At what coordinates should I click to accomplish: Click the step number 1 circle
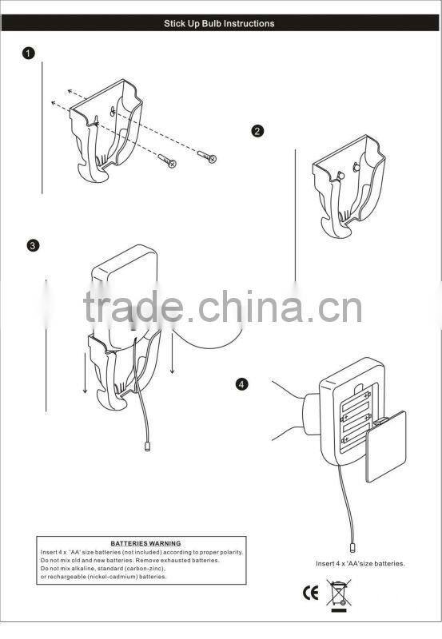(28, 54)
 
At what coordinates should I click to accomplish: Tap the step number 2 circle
(257, 131)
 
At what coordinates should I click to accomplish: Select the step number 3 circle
(33, 246)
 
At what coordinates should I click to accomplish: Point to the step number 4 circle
(242, 384)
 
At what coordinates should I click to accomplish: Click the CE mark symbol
(310, 593)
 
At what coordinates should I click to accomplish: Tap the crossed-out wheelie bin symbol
(339, 594)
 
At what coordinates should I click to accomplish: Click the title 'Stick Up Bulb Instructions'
(219, 24)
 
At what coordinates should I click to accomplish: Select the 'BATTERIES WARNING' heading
(145, 543)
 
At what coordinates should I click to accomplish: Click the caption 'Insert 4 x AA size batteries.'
(360, 564)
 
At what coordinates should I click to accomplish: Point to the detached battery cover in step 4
(386, 447)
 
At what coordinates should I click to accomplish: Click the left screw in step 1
(167, 161)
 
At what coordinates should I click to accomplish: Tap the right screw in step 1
(207, 156)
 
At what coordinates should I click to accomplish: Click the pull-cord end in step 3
(147, 447)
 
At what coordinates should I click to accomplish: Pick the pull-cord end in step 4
(352, 547)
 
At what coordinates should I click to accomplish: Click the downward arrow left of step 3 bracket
(85, 373)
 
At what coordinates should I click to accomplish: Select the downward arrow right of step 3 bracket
(173, 352)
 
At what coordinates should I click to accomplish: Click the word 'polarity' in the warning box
(231, 553)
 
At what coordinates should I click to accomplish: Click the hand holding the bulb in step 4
(289, 411)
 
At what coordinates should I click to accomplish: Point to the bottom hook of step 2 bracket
(336, 228)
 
